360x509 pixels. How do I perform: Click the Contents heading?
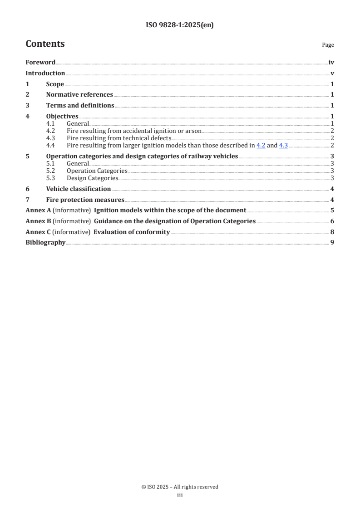point(45,44)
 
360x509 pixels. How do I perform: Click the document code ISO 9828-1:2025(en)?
point(180,25)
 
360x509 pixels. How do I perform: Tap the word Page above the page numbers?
point(328,45)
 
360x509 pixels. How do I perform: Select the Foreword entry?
point(40,63)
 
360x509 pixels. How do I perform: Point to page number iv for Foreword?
point(331,63)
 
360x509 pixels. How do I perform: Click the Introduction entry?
point(45,73)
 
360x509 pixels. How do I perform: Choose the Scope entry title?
point(55,84)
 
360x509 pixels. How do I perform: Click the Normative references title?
point(79,95)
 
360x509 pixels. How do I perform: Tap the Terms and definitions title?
point(80,106)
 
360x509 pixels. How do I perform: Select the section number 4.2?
point(50,131)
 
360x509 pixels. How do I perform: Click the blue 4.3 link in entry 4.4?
point(283,146)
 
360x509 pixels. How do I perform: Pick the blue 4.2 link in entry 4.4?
point(261,146)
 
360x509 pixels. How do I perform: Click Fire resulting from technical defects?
point(119,138)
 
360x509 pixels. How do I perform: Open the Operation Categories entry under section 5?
point(97,171)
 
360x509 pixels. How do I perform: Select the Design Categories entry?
point(92,178)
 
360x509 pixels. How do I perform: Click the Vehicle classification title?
point(79,189)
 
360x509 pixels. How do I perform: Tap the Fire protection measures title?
point(85,200)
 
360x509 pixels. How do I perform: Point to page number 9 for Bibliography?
point(332,243)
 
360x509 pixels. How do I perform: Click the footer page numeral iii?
point(180,495)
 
